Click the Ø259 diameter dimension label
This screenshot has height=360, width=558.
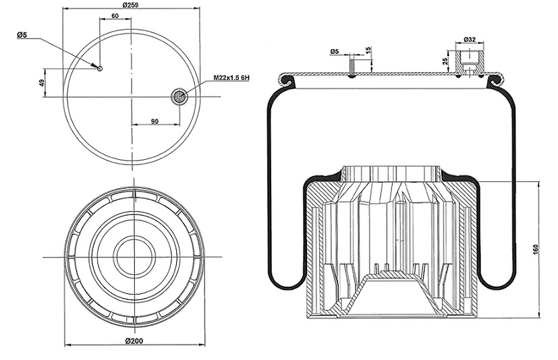click(x=130, y=5)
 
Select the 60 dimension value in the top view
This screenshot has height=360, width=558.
click(x=115, y=16)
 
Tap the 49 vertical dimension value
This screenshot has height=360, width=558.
click(x=42, y=83)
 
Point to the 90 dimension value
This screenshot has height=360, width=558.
click(x=155, y=121)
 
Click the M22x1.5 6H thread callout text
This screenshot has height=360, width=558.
click(x=231, y=78)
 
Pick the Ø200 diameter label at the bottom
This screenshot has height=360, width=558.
click(x=134, y=341)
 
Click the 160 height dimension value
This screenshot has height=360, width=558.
click(x=536, y=249)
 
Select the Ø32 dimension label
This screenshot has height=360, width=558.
click(x=470, y=40)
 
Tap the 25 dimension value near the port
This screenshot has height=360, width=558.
click(x=445, y=61)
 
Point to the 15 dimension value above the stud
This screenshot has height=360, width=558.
click(x=368, y=50)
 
